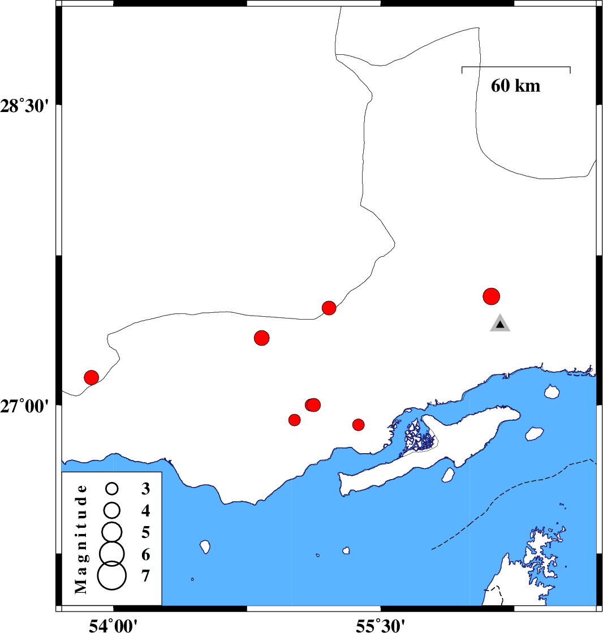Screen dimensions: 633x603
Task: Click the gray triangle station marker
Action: point(500,324)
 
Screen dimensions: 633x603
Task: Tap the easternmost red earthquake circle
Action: point(492,296)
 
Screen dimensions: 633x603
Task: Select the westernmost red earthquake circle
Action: point(92,377)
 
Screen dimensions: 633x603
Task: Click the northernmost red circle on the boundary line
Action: point(329,308)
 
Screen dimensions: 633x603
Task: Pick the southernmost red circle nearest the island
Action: point(358,424)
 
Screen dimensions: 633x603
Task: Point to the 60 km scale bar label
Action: point(515,86)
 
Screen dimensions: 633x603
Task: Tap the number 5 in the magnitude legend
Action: point(145,532)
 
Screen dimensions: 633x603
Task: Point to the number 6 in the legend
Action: point(145,553)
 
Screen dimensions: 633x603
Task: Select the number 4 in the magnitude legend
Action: point(145,511)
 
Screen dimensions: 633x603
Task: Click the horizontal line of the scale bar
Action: point(516,67)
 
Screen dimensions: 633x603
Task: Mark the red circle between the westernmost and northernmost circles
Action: point(261,338)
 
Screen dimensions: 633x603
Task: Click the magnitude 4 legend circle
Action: point(111,510)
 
